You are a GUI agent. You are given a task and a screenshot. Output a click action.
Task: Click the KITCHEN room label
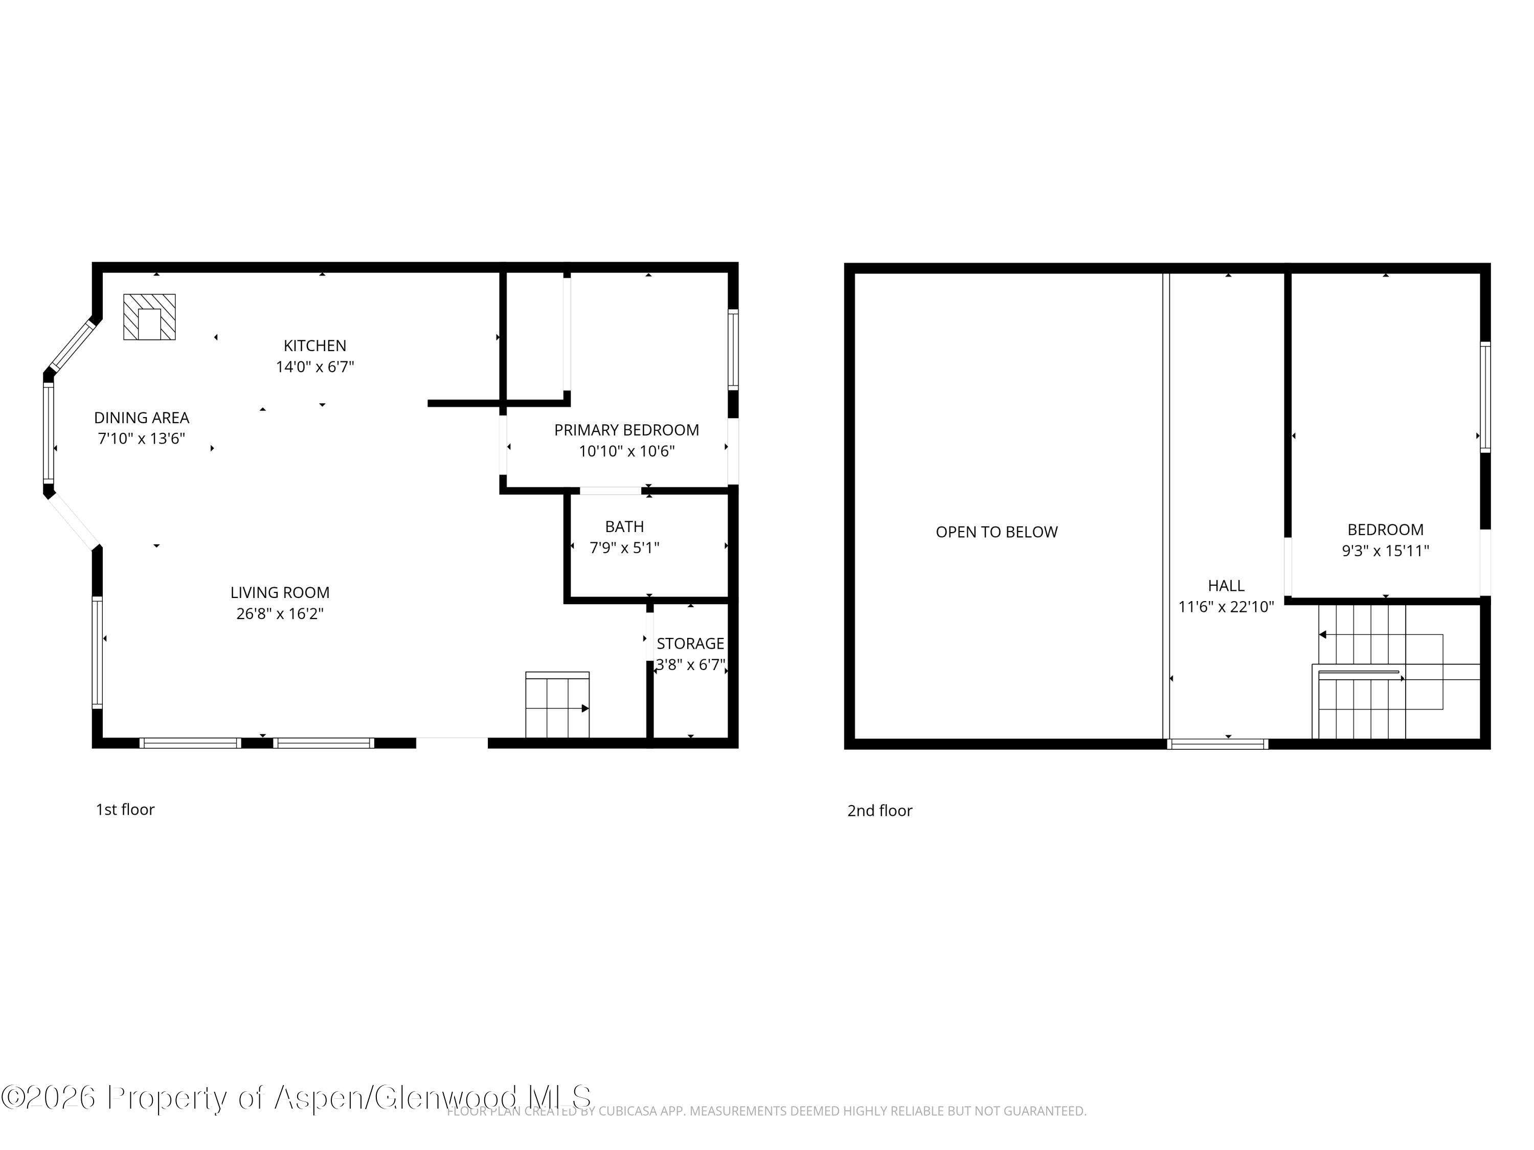click(x=315, y=345)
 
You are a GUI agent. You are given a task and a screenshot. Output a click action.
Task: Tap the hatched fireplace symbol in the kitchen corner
click(x=149, y=317)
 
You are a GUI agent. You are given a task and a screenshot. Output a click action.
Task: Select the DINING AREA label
click(x=142, y=417)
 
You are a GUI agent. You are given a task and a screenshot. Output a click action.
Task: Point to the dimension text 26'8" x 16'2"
click(x=280, y=613)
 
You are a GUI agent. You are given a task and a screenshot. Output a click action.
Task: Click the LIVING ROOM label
click(x=280, y=593)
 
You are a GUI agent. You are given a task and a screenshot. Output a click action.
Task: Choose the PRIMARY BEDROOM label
click(x=626, y=430)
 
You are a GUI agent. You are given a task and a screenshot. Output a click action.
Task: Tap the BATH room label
click(x=624, y=526)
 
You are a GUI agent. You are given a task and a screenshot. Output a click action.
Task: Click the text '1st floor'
click(x=125, y=810)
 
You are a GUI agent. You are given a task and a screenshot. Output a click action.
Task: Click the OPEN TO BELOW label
click(x=997, y=532)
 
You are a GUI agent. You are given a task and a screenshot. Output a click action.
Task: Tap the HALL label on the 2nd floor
click(x=1226, y=586)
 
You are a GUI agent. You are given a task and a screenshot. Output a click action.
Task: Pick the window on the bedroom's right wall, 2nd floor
click(x=1485, y=397)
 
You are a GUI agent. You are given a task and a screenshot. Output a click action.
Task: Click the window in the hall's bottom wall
click(x=1217, y=744)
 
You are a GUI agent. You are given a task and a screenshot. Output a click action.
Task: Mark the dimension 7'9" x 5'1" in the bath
click(x=624, y=547)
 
